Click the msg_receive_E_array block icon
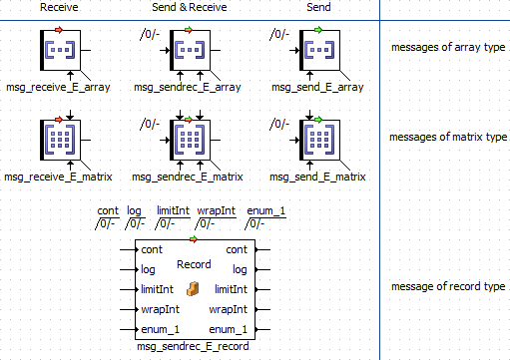click(x=60, y=50)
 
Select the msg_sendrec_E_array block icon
click(x=190, y=50)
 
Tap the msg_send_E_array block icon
click(x=319, y=50)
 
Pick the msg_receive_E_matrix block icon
click(x=60, y=140)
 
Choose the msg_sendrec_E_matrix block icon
click(x=190, y=140)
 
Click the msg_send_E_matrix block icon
click(x=319, y=140)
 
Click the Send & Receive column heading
click(x=190, y=7)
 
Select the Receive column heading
click(x=59, y=7)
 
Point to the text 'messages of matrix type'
click(x=448, y=137)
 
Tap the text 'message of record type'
click(x=448, y=286)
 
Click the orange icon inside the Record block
click(x=193, y=289)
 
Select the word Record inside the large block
click(x=194, y=264)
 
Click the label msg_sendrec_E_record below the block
click(x=193, y=346)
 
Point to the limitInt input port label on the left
click(x=157, y=289)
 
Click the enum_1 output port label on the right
click(x=228, y=329)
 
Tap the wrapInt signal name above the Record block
click(x=216, y=210)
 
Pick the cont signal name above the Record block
click(x=108, y=210)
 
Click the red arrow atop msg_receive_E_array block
click(x=59, y=30)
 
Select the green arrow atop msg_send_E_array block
click(x=318, y=30)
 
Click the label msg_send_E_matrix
click(x=317, y=177)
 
